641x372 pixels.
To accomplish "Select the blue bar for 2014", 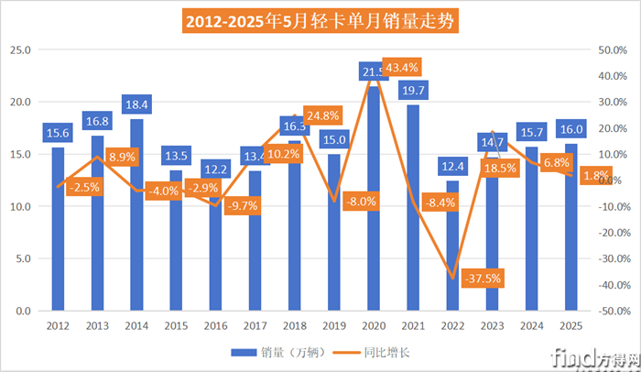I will (136, 220).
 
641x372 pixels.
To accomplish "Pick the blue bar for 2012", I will (58, 229).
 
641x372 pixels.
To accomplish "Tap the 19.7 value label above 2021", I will (413, 90).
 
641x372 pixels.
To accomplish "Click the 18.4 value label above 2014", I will (136, 104).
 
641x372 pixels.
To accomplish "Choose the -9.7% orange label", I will (243, 206).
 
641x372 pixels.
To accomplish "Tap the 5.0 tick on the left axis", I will (23, 258).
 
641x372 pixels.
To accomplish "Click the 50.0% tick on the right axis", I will (612, 49).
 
